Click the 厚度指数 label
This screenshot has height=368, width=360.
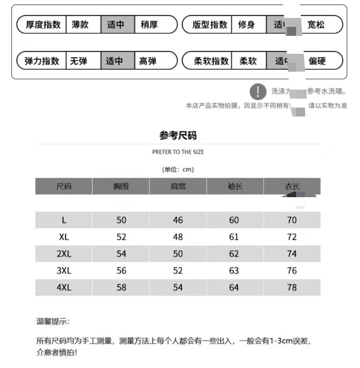[x=43, y=25]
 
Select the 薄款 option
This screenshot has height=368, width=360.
[x=80, y=25]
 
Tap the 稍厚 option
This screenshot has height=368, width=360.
[x=149, y=25]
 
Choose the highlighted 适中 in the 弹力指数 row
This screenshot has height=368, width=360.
[x=114, y=60]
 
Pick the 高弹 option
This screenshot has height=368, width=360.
[x=148, y=60]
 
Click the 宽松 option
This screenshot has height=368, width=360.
[x=316, y=25]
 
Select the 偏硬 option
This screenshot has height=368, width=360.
[x=317, y=60]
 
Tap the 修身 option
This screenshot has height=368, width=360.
[x=246, y=25]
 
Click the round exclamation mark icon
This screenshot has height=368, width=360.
[x=258, y=92]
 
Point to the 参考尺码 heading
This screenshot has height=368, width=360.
[x=178, y=136]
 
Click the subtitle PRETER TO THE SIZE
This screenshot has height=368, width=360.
[x=178, y=152]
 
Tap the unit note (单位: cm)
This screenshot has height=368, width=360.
[x=178, y=169]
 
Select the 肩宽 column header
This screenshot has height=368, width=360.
[x=178, y=186]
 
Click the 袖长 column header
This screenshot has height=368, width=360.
[x=235, y=186]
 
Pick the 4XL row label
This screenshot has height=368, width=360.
[x=64, y=287]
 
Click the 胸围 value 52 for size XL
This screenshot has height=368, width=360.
[x=121, y=237]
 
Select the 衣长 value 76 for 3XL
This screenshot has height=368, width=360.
[x=292, y=271]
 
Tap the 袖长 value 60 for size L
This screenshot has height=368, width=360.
[x=234, y=220]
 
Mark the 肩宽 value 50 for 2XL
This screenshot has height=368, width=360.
[x=178, y=254]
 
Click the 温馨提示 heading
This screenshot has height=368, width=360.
[x=53, y=322]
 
